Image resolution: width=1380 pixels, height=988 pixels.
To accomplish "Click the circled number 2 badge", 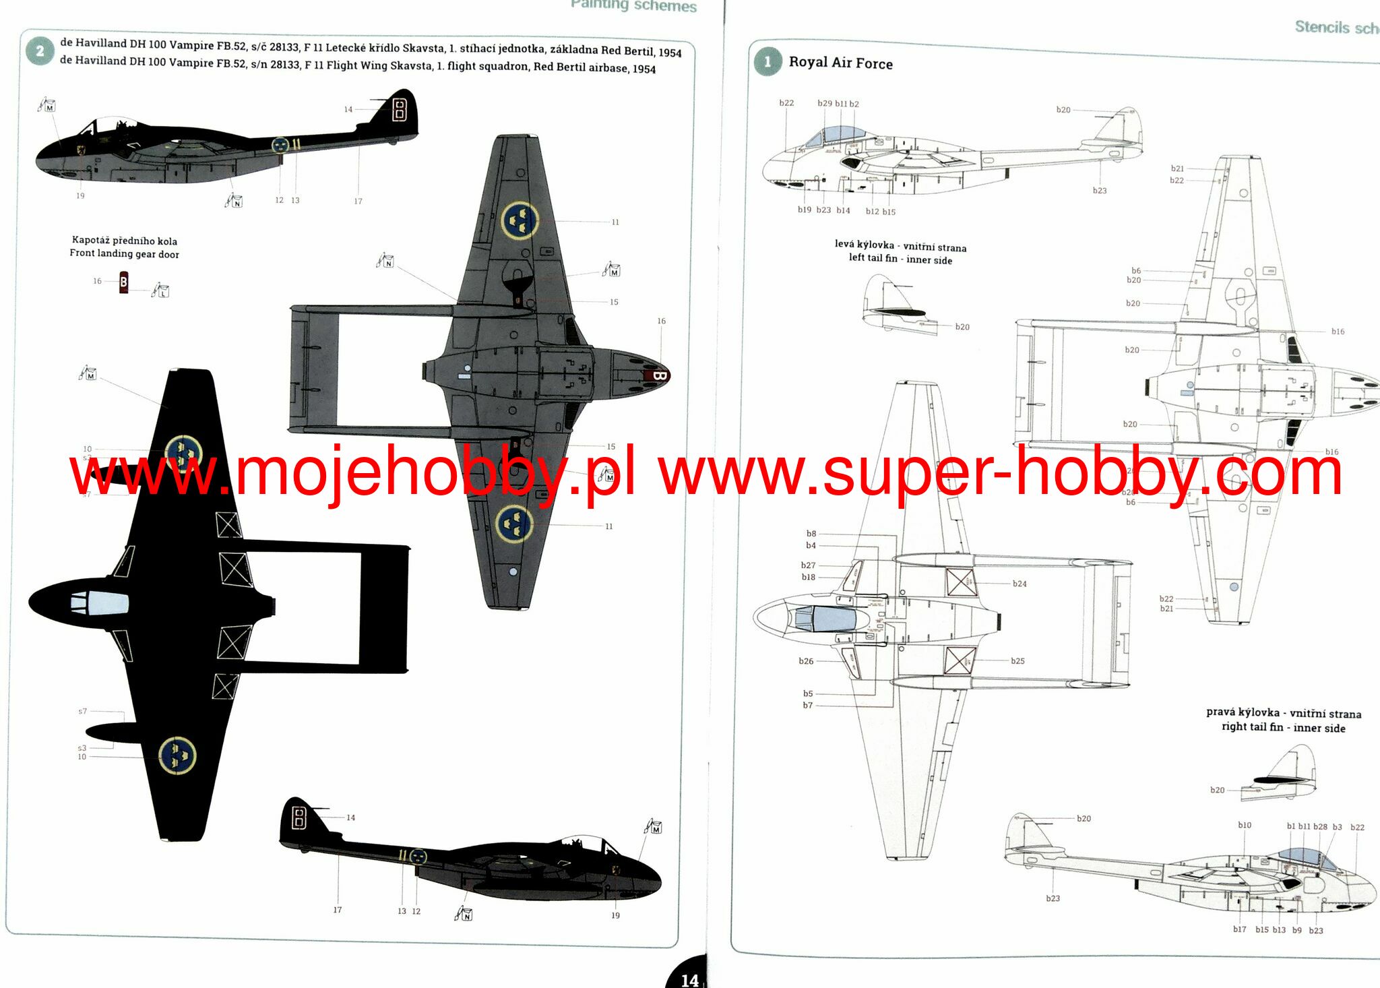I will pos(40,51).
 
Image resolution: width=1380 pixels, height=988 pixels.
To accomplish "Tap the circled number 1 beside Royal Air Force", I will pos(767,62).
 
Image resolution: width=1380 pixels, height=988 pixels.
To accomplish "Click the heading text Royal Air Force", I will pos(840,63).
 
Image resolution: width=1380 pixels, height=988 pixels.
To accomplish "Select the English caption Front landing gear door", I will pos(124,254).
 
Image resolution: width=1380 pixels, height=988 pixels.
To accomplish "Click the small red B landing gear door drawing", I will pos(123,282).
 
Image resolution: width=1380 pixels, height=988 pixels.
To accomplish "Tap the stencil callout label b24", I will pos(1020,584).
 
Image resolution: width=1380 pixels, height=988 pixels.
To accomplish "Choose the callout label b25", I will pos(1017,661).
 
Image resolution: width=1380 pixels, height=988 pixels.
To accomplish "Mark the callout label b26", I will pos(806,661).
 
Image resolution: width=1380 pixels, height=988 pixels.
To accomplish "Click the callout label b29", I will pos(825,103).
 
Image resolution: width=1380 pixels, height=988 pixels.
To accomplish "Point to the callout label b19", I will pos(805,210).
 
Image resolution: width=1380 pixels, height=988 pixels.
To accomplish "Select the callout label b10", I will pos(1245,825).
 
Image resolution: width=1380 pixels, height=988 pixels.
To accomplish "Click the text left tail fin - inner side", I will pos(900,259).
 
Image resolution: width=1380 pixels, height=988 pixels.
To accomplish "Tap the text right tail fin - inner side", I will pos(1283,727).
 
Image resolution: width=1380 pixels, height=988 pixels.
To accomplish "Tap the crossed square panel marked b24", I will pos(960,582).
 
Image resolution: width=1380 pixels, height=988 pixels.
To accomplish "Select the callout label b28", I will pos(1320,826).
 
